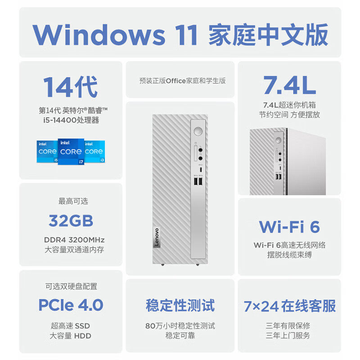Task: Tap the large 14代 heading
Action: click(70, 87)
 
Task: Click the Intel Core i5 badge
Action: click(47, 151)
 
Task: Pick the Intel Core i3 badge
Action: click(94, 151)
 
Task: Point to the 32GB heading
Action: click(71, 221)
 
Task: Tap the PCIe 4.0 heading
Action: click(71, 305)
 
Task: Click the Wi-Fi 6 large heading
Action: click(289, 226)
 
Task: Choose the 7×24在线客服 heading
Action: click(289, 306)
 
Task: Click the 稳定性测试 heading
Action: click(180, 305)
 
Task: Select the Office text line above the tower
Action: click(182, 81)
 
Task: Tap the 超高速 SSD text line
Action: click(71, 325)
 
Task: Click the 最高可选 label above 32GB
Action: click(71, 202)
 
